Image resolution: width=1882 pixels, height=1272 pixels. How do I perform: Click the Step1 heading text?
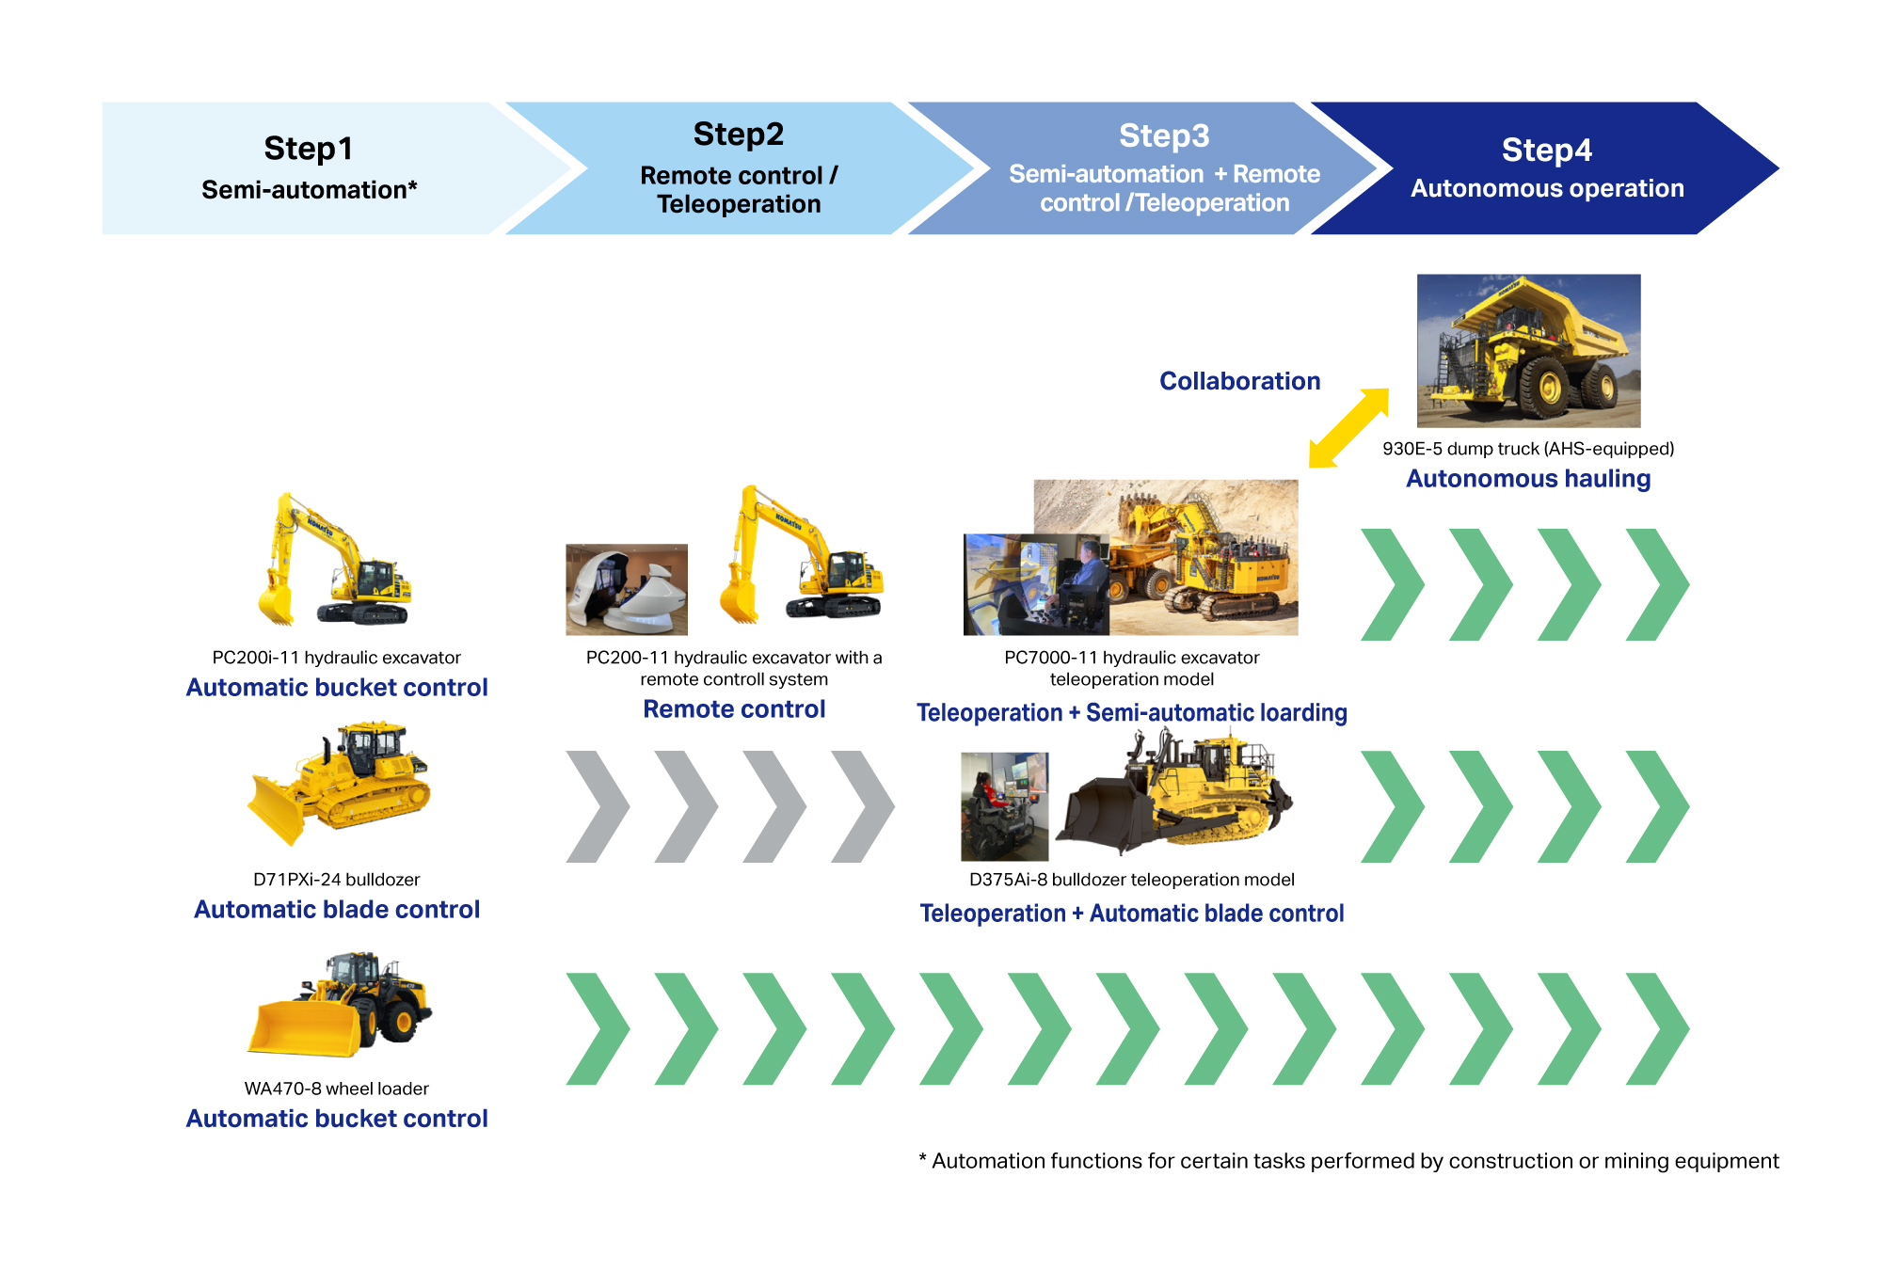[x=308, y=149]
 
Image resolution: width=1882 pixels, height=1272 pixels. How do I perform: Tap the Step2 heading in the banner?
[x=738, y=135]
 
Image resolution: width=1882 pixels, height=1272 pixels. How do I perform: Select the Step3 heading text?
[x=1164, y=136]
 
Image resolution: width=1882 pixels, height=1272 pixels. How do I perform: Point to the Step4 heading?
[x=1546, y=151]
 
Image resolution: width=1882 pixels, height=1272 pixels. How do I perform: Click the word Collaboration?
[x=1239, y=381]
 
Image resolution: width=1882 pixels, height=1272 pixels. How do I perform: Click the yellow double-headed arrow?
[x=1348, y=428]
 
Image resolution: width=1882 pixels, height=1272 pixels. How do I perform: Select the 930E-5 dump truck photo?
[x=1528, y=350]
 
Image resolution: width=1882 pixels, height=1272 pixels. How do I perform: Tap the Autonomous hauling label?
[x=1527, y=479]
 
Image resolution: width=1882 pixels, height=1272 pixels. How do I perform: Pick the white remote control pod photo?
[x=626, y=589]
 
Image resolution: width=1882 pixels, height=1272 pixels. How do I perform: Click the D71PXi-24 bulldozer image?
[x=339, y=783]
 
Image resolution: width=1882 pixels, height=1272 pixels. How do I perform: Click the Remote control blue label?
[x=734, y=709]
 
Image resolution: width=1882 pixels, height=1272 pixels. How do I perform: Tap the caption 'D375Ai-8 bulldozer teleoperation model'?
[x=1131, y=880]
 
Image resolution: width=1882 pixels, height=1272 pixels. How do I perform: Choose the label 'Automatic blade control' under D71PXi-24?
[x=337, y=910]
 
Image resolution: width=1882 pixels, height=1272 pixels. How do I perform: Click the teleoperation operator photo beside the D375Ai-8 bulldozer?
[x=1004, y=806]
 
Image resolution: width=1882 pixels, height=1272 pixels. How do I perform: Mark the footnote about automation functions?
[x=1348, y=1161]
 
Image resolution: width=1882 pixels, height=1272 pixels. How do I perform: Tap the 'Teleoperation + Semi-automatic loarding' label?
[x=1131, y=713]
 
